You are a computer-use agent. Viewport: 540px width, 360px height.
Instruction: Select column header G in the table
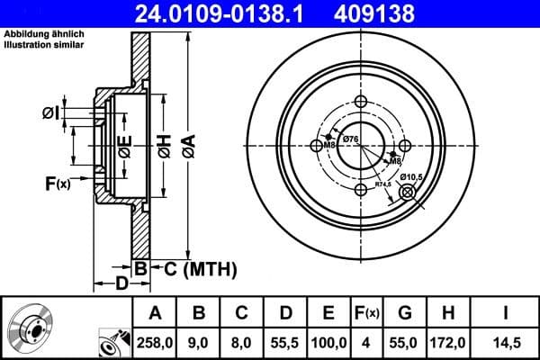[406, 312]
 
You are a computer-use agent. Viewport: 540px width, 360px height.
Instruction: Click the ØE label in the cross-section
[126, 144]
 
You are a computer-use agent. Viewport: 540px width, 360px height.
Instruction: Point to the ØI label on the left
[51, 112]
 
